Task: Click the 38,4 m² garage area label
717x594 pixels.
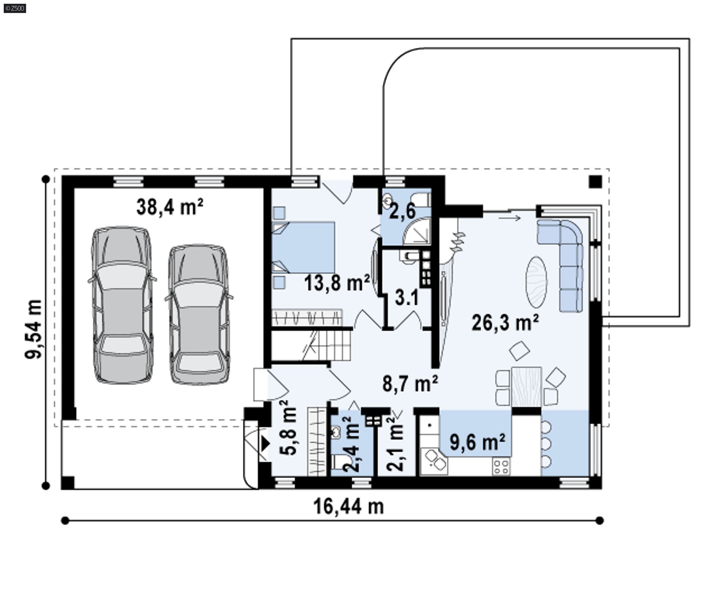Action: click(170, 207)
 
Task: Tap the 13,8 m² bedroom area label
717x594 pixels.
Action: click(337, 282)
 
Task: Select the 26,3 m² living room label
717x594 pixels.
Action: click(505, 322)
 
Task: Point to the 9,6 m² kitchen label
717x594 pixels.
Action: click(478, 442)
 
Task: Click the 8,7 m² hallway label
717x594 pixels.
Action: click(410, 383)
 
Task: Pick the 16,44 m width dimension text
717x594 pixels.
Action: click(348, 507)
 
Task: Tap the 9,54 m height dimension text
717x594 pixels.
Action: click(34, 329)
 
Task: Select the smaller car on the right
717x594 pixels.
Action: click(199, 315)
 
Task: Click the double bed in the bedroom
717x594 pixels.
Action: click(303, 247)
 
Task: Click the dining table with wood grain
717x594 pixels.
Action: click(527, 387)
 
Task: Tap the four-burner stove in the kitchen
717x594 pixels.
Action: click(501, 467)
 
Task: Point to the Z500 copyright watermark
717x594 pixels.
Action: click(15, 8)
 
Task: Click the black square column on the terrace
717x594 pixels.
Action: click(596, 182)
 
